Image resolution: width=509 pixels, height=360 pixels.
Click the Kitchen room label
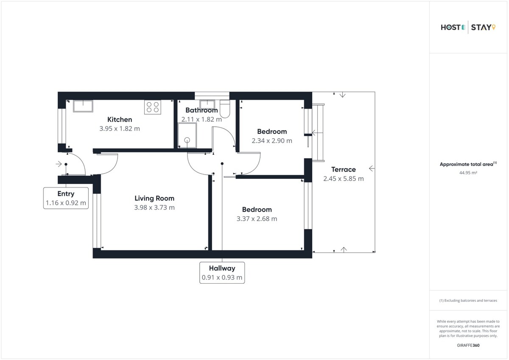tap(120, 120)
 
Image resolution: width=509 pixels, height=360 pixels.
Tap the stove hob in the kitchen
tap(153, 107)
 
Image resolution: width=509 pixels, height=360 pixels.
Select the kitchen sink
tap(83, 106)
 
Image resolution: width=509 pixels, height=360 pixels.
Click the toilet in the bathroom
tap(225, 109)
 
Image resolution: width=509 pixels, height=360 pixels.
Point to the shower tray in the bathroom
tap(187, 135)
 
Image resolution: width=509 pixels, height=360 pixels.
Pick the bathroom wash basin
tap(207, 104)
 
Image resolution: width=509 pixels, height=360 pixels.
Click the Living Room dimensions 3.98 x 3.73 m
tap(154, 207)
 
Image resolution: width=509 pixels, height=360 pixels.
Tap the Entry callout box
tap(66, 198)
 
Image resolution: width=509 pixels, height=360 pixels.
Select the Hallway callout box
tap(222, 273)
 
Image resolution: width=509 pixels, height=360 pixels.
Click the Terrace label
tap(343, 170)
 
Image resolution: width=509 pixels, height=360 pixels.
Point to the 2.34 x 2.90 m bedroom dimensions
tap(272, 141)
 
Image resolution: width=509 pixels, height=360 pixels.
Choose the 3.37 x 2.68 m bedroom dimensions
tap(257, 219)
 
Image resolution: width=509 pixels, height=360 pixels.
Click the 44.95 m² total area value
tap(468, 173)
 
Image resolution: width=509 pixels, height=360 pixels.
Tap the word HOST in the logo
tap(450, 28)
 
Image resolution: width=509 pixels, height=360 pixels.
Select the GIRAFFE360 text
tap(468, 345)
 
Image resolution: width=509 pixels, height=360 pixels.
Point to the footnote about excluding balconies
tap(468, 301)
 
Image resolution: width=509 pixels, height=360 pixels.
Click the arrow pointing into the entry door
tap(59, 164)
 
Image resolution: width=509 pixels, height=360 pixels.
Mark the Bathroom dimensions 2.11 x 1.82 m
tap(201, 119)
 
